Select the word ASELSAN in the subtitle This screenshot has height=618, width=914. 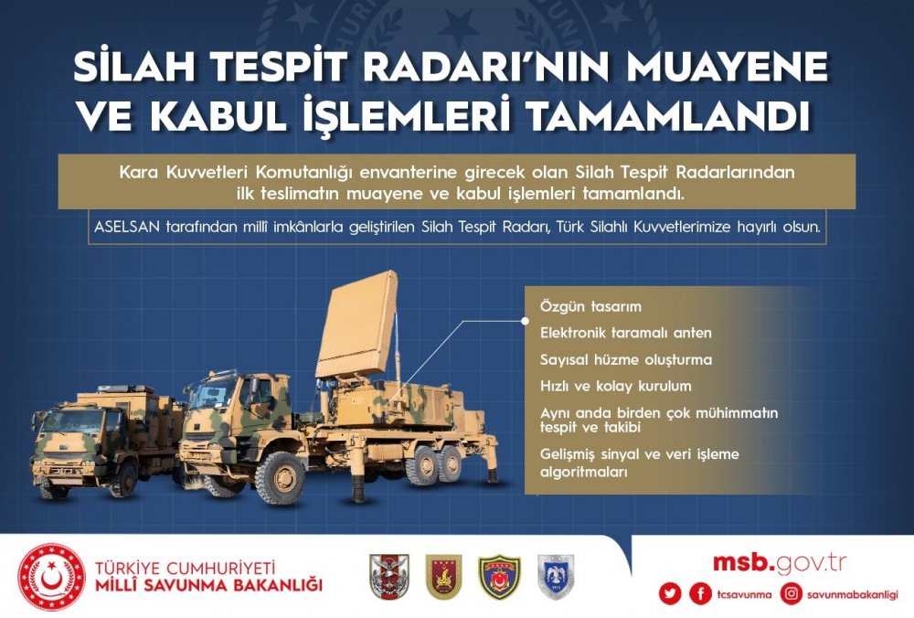pyautogui.click(x=127, y=227)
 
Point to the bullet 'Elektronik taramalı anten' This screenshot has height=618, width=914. pyautogui.click(x=625, y=333)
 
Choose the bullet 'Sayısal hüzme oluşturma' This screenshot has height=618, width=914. pyautogui.click(x=626, y=359)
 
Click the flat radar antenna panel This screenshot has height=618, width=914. pyautogui.click(x=357, y=325)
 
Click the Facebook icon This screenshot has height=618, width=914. pyautogui.click(x=700, y=593)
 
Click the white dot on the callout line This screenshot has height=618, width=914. pyautogui.click(x=525, y=321)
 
